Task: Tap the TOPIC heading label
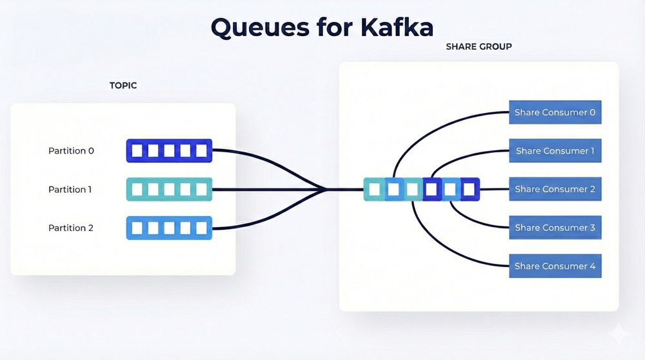(123, 85)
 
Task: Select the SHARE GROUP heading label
(479, 46)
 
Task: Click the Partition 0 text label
(71, 151)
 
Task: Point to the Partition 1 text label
(71, 190)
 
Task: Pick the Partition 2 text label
(71, 228)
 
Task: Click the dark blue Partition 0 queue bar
(169, 151)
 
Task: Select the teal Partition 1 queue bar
(169, 190)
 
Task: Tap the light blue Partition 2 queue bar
(169, 228)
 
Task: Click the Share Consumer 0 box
(555, 112)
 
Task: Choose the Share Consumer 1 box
(555, 151)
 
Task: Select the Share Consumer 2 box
(555, 190)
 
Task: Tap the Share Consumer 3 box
(555, 228)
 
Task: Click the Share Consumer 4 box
(555, 266)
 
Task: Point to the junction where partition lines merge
(326, 190)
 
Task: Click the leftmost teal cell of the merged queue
(373, 190)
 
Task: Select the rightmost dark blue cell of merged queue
(470, 190)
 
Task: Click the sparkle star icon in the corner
(620, 334)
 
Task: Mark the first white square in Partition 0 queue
(137, 151)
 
